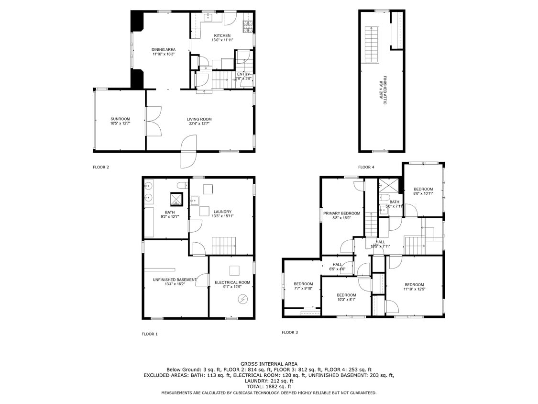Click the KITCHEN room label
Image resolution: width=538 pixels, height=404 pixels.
coord(222,35)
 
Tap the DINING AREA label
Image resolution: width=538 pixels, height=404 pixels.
coord(164,49)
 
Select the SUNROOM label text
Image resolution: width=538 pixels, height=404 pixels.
coord(120,119)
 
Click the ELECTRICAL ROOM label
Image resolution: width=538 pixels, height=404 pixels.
coord(232,282)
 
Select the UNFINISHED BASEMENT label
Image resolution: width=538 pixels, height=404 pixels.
coord(175,280)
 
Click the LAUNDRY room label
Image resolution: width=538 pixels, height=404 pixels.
coord(222,212)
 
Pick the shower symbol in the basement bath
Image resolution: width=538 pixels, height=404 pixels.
coord(177,199)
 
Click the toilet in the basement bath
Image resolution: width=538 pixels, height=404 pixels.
coord(182,185)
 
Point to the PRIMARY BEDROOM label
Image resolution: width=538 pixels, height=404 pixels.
coord(341,213)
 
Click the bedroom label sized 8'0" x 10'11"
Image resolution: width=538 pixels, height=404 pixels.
coord(423,189)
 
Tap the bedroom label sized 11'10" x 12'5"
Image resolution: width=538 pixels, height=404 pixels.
coord(414,285)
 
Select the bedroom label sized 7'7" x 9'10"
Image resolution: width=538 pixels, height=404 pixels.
coord(303,284)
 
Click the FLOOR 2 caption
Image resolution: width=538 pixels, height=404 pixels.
coord(101,167)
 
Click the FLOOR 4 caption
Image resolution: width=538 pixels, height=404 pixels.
coord(366,167)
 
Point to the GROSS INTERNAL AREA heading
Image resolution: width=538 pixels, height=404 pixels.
coord(269,364)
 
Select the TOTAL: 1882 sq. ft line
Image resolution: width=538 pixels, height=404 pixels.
coord(269,386)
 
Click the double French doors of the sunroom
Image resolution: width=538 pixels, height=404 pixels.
coord(154,120)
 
